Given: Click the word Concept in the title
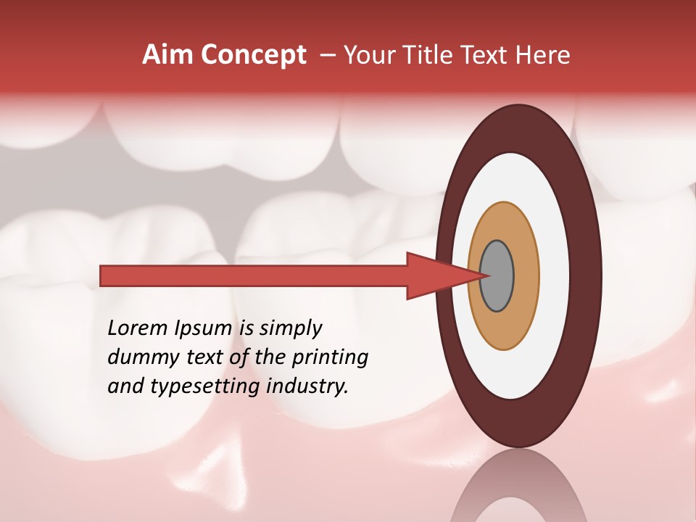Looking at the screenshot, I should pyautogui.click(x=254, y=55).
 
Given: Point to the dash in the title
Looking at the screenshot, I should pyautogui.click(x=327, y=55).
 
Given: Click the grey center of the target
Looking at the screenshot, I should pyautogui.click(x=497, y=275).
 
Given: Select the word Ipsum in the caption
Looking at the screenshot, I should pyautogui.click(x=203, y=328).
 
